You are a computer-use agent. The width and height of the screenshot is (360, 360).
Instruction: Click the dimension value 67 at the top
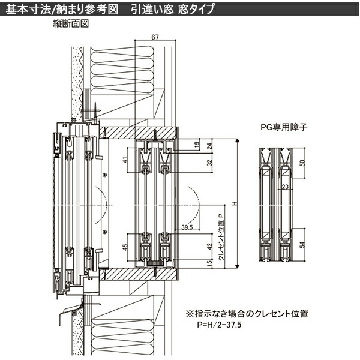(x=155, y=38)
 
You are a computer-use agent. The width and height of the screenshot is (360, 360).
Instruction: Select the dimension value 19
(x=197, y=145)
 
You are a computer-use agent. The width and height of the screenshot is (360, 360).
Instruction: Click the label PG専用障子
(x=281, y=127)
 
